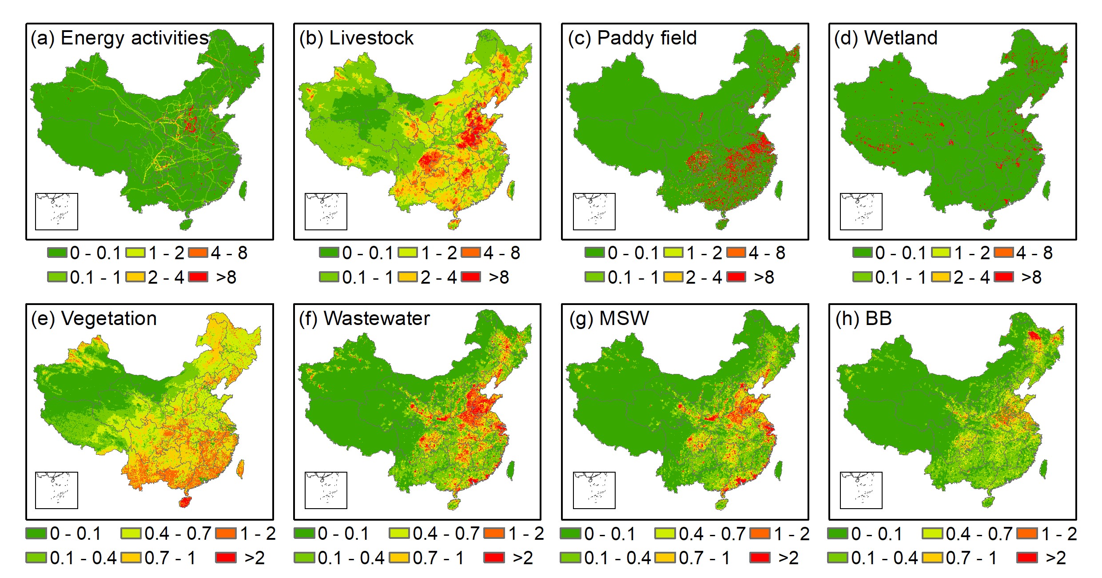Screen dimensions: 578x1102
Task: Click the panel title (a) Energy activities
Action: (119, 38)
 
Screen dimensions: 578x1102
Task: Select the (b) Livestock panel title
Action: (356, 38)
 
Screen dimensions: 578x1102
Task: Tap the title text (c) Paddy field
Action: (632, 38)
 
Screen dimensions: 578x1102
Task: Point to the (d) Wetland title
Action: (886, 38)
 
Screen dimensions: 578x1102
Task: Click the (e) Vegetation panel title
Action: (94, 319)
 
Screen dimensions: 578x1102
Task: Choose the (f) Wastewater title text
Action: (364, 319)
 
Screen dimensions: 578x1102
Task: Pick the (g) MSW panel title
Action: (609, 319)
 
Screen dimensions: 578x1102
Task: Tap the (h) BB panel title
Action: (863, 319)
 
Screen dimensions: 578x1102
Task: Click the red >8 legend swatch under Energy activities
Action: (198, 277)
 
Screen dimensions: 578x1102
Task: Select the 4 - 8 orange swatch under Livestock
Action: (471, 253)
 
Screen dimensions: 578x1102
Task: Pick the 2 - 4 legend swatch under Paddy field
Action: (673, 277)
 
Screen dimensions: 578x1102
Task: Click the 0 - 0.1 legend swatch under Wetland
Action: (863, 253)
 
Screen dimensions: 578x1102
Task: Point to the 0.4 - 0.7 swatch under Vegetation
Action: (131, 533)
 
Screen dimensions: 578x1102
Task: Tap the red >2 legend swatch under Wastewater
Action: (494, 557)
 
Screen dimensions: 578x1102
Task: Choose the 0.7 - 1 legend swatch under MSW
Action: (665, 557)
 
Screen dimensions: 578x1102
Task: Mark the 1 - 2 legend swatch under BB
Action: (1027, 533)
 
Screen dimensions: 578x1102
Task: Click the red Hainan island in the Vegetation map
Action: (185, 502)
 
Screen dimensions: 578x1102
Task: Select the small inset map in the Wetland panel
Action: (861, 212)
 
